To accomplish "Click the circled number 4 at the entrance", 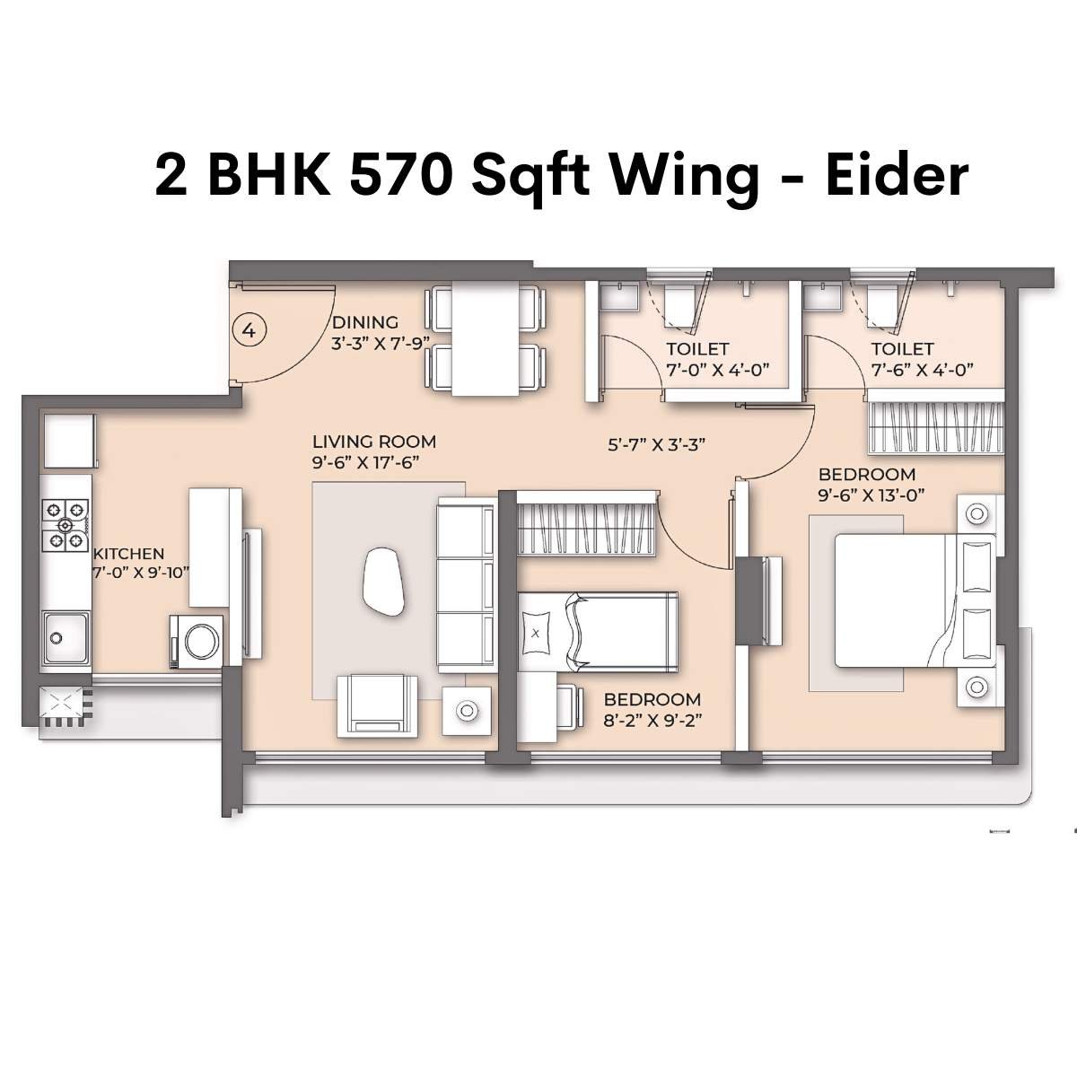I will (x=250, y=330).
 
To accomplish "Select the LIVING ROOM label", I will (x=373, y=442).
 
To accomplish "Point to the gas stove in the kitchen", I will (x=66, y=525).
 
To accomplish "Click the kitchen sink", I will (x=66, y=636).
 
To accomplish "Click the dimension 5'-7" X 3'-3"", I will (x=659, y=443).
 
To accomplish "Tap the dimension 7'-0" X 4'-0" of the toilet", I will (x=718, y=369).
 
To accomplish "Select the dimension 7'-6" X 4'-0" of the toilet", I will (x=922, y=369).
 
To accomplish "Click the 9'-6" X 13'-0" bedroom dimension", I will (x=871, y=494).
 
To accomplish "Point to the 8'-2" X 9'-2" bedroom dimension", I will (x=651, y=718).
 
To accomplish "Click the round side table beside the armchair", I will (x=466, y=711).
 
